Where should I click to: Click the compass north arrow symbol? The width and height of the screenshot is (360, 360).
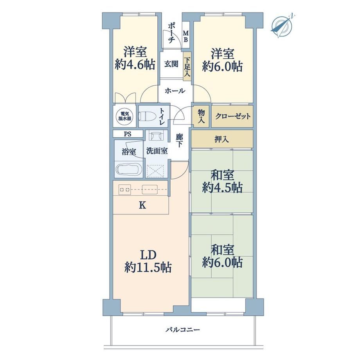point(282,26)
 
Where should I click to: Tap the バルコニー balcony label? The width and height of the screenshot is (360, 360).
point(183,330)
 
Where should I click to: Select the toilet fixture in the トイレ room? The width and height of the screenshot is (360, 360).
point(146,116)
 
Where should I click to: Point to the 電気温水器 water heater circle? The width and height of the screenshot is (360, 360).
point(125,116)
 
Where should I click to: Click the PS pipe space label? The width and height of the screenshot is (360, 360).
point(128,134)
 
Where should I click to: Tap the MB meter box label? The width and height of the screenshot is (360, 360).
point(186,36)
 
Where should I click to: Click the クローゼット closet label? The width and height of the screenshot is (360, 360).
point(232,116)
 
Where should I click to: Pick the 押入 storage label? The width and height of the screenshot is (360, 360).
point(222,139)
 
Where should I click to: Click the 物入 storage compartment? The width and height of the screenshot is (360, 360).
point(201,116)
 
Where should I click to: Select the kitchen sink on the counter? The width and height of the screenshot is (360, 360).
point(150,190)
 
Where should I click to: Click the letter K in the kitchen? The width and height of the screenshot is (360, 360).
point(142,205)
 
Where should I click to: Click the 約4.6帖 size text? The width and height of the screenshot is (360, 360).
point(135,65)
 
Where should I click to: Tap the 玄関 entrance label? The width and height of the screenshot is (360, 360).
point(171,64)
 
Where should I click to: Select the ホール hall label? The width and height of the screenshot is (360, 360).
point(175,91)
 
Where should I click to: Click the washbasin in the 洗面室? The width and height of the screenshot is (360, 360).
point(156,135)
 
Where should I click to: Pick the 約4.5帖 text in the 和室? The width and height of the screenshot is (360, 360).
point(222,187)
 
